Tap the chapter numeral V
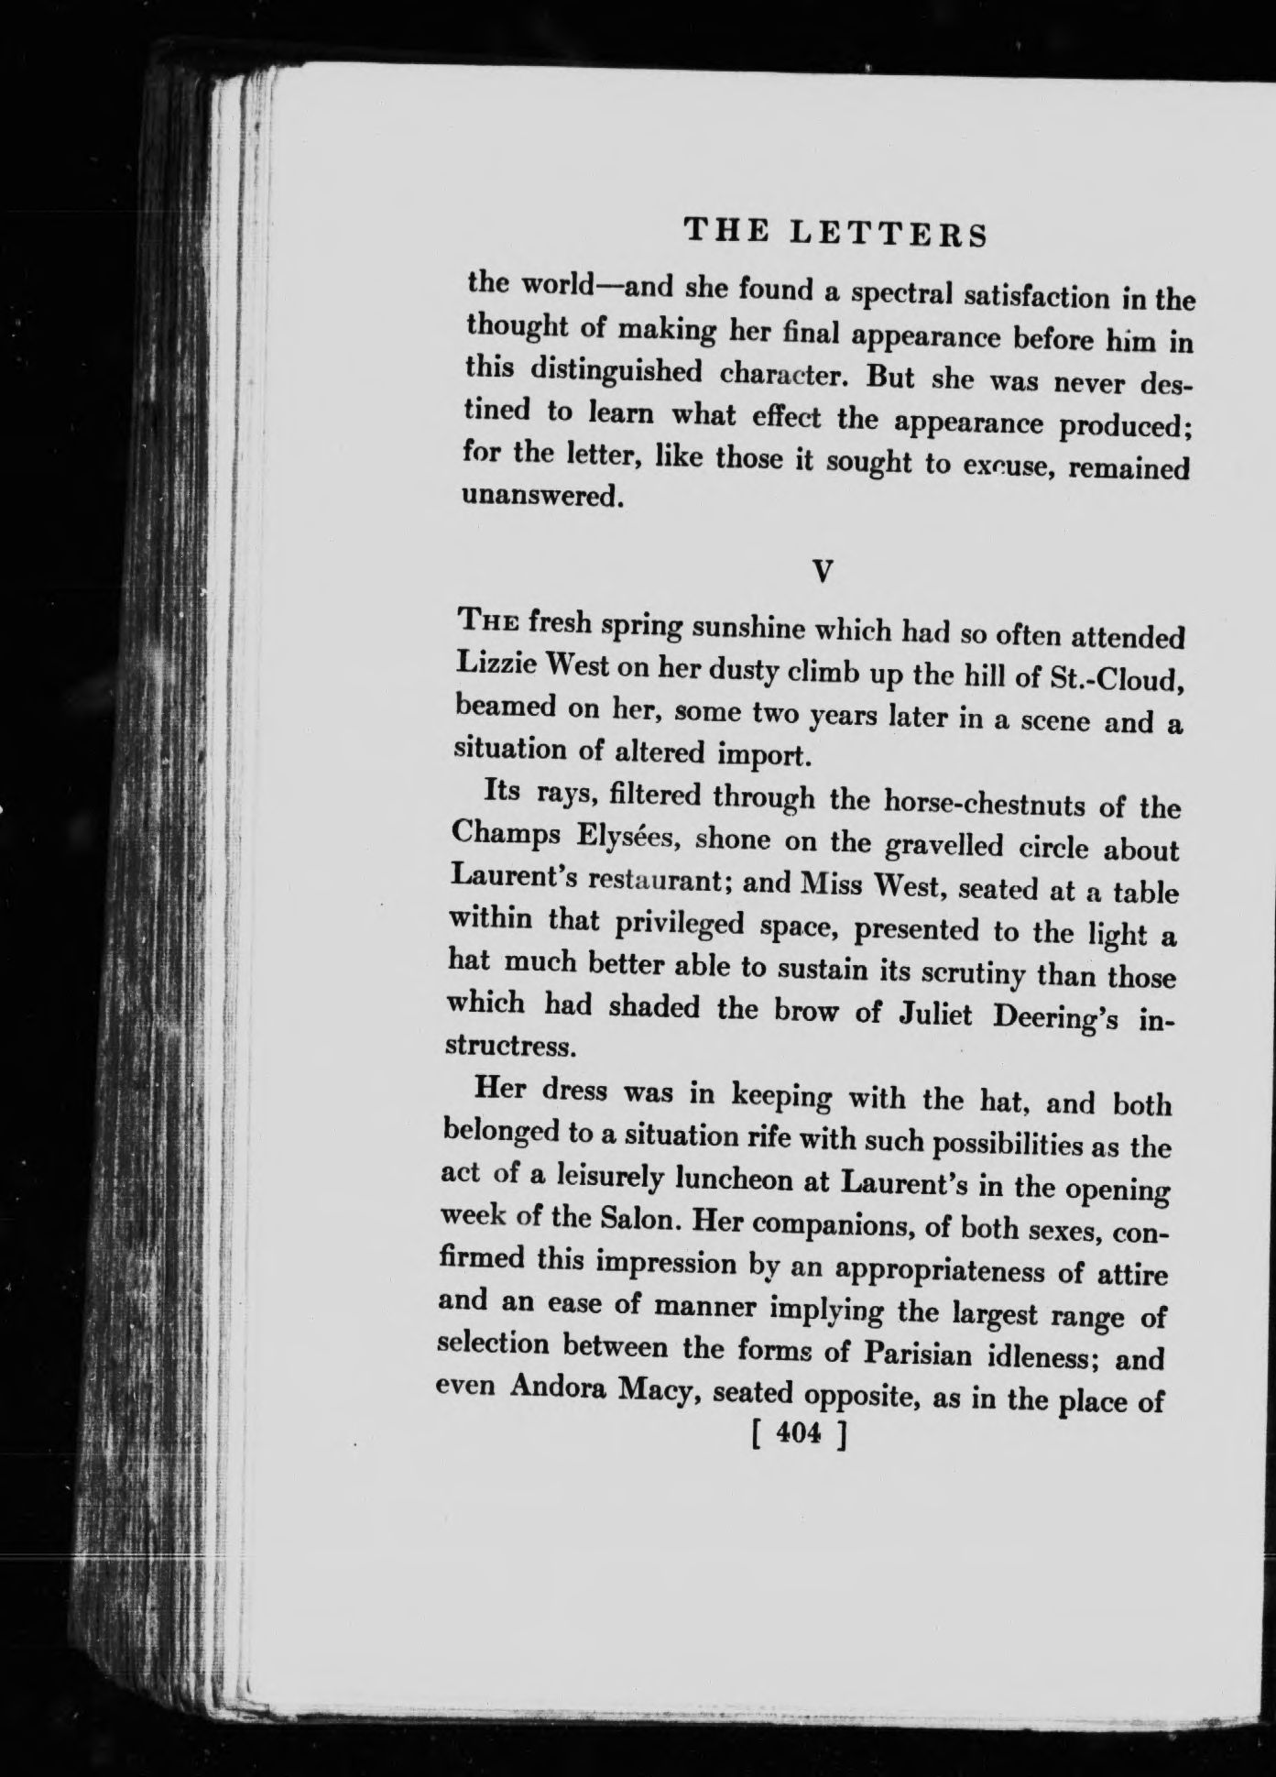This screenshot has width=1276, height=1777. click(823, 572)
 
